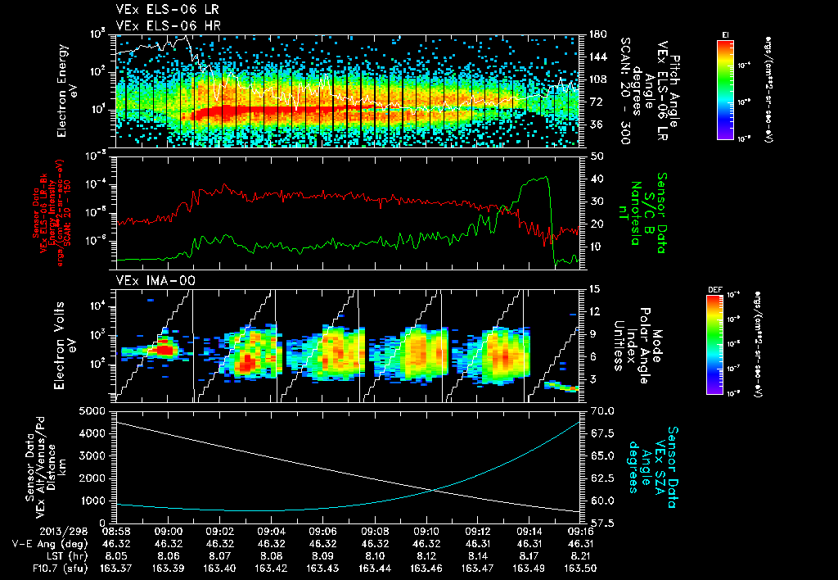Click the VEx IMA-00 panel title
tap(149, 281)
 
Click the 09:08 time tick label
tap(375, 532)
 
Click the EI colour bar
tap(725, 87)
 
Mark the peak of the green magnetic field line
tap(545, 177)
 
